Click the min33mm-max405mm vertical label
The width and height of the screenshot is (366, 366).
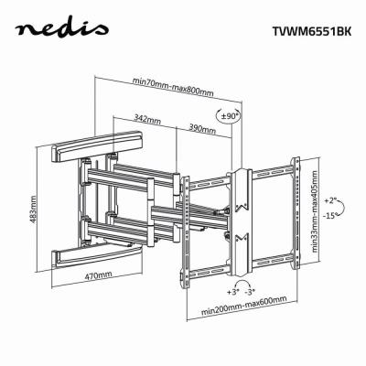pos(314,211)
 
